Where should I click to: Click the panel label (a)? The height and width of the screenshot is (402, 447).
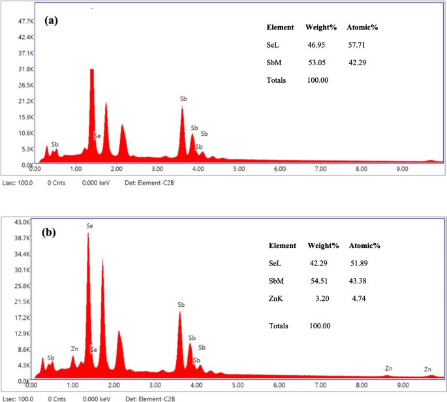(x=52, y=20)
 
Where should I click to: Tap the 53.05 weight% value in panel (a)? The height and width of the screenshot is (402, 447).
(x=316, y=63)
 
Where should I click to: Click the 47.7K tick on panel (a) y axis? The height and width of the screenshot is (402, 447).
(x=16, y=22)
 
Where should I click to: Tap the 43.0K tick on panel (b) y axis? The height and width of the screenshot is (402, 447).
(x=16, y=224)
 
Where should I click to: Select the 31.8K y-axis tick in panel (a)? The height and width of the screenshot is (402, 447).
(x=16, y=69)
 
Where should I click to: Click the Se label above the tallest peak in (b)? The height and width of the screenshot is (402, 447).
(x=90, y=226)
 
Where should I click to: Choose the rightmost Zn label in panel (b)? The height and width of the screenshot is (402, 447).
(x=428, y=369)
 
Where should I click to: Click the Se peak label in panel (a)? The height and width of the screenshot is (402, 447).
(x=97, y=136)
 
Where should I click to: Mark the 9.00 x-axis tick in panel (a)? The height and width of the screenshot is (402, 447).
(x=401, y=169)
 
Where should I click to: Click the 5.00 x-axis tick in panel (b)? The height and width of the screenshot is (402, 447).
(x=238, y=385)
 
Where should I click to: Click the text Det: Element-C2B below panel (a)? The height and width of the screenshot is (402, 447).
(x=149, y=182)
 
